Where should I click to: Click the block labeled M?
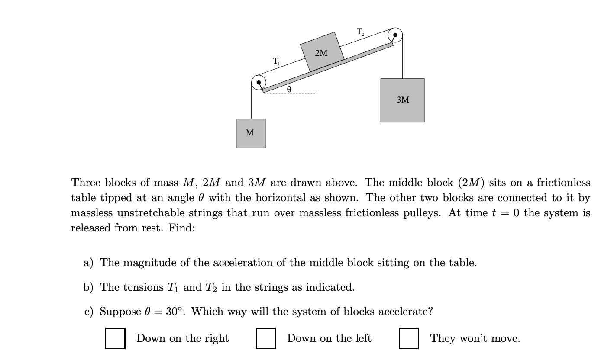(251, 133)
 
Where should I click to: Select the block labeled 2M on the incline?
(322, 52)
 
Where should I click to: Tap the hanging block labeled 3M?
(402, 100)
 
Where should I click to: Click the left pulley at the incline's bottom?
(259, 82)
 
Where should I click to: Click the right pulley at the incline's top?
(395, 35)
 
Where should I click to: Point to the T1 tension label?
(276, 61)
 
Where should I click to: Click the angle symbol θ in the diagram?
(289, 88)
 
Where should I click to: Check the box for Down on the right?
(115, 338)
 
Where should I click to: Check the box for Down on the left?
(266, 338)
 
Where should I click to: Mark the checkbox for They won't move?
(408, 338)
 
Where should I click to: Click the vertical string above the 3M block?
(403, 61)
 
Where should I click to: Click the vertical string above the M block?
(252, 104)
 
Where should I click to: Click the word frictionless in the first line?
(563, 182)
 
